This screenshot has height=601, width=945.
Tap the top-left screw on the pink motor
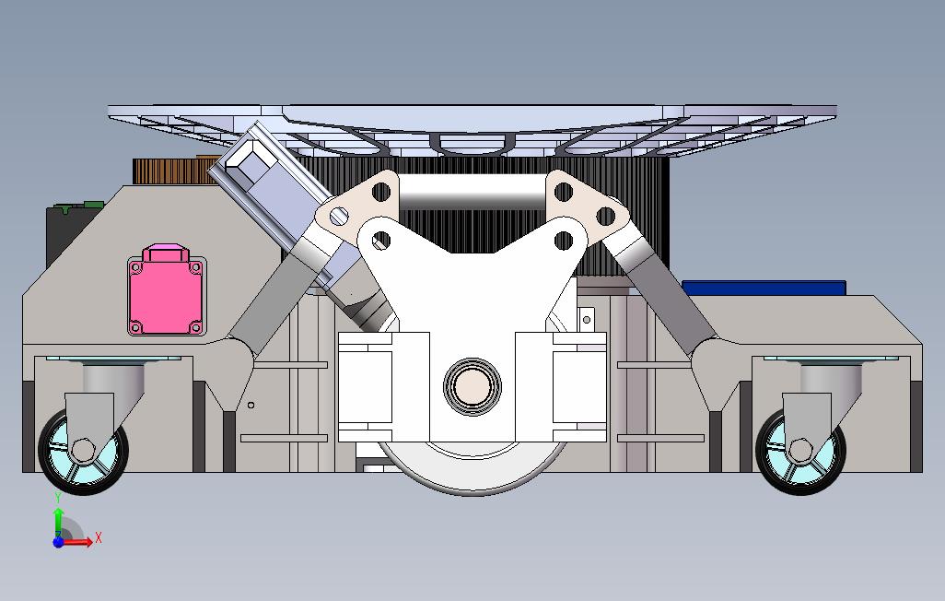tap(136, 267)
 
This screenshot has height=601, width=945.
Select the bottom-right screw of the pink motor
tap(194, 327)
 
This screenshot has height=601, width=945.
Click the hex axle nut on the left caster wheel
tap(83, 450)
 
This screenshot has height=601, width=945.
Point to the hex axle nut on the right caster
tap(799, 450)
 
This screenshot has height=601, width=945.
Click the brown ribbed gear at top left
tap(170, 171)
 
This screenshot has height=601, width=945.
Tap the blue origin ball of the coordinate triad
tap(58, 542)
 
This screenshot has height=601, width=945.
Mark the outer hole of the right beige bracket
tap(605, 217)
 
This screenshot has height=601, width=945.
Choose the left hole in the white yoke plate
tap(379, 241)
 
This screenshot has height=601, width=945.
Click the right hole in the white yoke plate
tap(564, 241)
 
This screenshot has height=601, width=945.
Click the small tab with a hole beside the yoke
tap(586, 320)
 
